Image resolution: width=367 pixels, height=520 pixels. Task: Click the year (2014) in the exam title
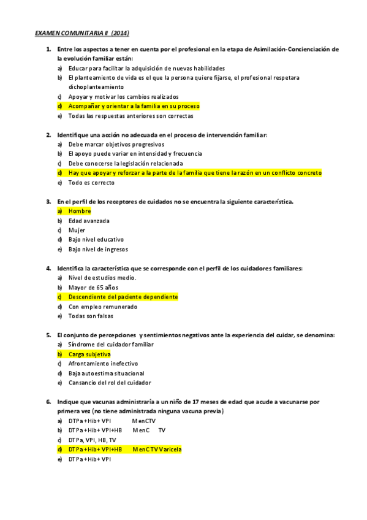pyautogui.click(x=120, y=32)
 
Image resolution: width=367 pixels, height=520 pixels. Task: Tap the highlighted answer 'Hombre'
pyautogui.click(x=80, y=211)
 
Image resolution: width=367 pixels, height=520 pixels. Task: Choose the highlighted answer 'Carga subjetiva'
pyautogui.click(x=89, y=354)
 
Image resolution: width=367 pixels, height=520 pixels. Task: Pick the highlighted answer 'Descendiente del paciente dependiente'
pyautogui.click(x=123, y=297)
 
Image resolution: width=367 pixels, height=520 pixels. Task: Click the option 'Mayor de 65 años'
pyautogui.click(x=93, y=288)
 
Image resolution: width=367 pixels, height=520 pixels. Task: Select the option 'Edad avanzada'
pyautogui.click(x=89, y=221)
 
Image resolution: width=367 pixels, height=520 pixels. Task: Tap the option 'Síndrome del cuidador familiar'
pyautogui.click(x=111, y=345)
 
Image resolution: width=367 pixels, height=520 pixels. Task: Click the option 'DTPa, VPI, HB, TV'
pyautogui.click(x=92, y=440)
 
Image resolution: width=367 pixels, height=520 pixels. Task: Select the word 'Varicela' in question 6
pyautogui.click(x=170, y=449)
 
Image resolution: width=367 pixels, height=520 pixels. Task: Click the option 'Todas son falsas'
pyautogui.click(x=91, y=316)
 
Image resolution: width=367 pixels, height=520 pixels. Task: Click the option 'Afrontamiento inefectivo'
pyautogui.click(x=103, y=364)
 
